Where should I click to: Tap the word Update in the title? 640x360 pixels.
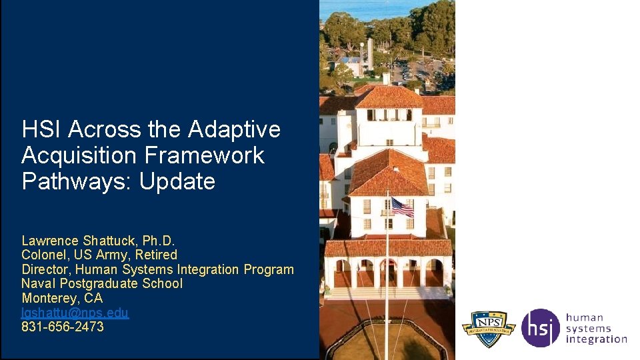coord(177,181)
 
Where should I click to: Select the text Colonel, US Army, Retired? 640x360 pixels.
coord(99,255)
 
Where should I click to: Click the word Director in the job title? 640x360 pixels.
coord(45,269)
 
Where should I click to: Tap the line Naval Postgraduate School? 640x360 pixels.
coord(101,284)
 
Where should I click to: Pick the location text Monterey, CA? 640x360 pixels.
coord(62,298)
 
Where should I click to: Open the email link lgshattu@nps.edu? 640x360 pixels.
coord(75,313)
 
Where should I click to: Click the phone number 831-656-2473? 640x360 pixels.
coord(63,327)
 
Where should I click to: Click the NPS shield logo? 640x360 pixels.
coord(489,328)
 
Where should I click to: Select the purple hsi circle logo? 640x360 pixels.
coord(540,328)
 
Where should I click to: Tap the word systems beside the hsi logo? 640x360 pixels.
coord(588,328)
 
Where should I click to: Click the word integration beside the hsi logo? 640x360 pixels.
coord(596,339)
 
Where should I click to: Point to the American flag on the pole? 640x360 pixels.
coord(401,207)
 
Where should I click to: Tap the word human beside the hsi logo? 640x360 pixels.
coord(584,317)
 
